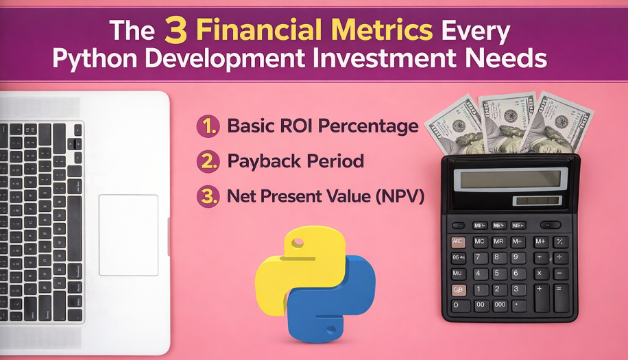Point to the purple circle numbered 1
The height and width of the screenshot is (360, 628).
tap(207, 126)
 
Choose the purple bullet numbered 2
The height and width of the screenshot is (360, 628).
tap(207, 162)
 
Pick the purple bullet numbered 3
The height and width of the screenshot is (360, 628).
tap(207, 197)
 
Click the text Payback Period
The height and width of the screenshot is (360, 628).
tap(295, 162)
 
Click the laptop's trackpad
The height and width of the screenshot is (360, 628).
tap(128, 235)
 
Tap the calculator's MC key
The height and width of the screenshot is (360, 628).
tap(480, 241)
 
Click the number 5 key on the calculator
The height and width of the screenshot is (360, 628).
tap(499, 274)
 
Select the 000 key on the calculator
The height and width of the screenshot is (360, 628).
tap(499, 305)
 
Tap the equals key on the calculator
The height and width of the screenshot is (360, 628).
tap(561, 298)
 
